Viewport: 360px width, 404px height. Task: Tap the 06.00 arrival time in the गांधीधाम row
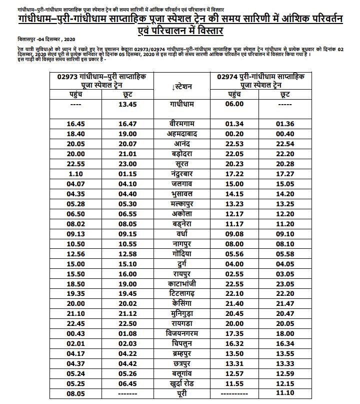pos(233,104)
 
